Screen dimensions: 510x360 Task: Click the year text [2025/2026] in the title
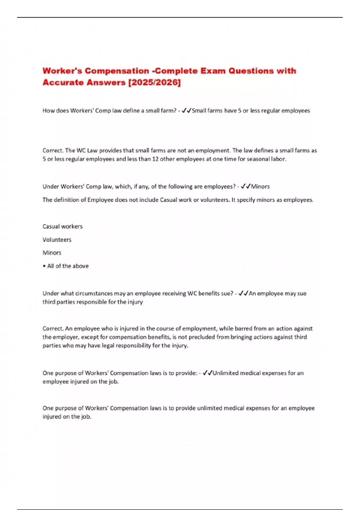pyautogui.click(x=154, y=82)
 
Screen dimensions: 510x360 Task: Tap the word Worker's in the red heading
pyautogui.click(x=61, y=71)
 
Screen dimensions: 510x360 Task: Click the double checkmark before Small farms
pyautogui.click(x=187, y=111)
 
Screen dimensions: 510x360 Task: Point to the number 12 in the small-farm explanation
pyautogui.click(x=155, y=159)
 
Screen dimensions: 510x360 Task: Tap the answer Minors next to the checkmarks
pyautogui.click(x=260, y=187)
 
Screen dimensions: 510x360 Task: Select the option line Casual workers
pyautogui.click(x=62, y=226)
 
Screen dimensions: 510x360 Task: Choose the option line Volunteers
pyautogui.click(x=57, y=240)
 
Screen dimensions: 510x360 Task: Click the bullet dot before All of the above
pyautogui.click(x=44, y=266)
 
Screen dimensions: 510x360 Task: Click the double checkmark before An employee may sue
pyautogui.click(x=243, y=293)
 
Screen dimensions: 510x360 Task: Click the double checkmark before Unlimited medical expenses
pyautogui.click(x=207, y=373)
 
